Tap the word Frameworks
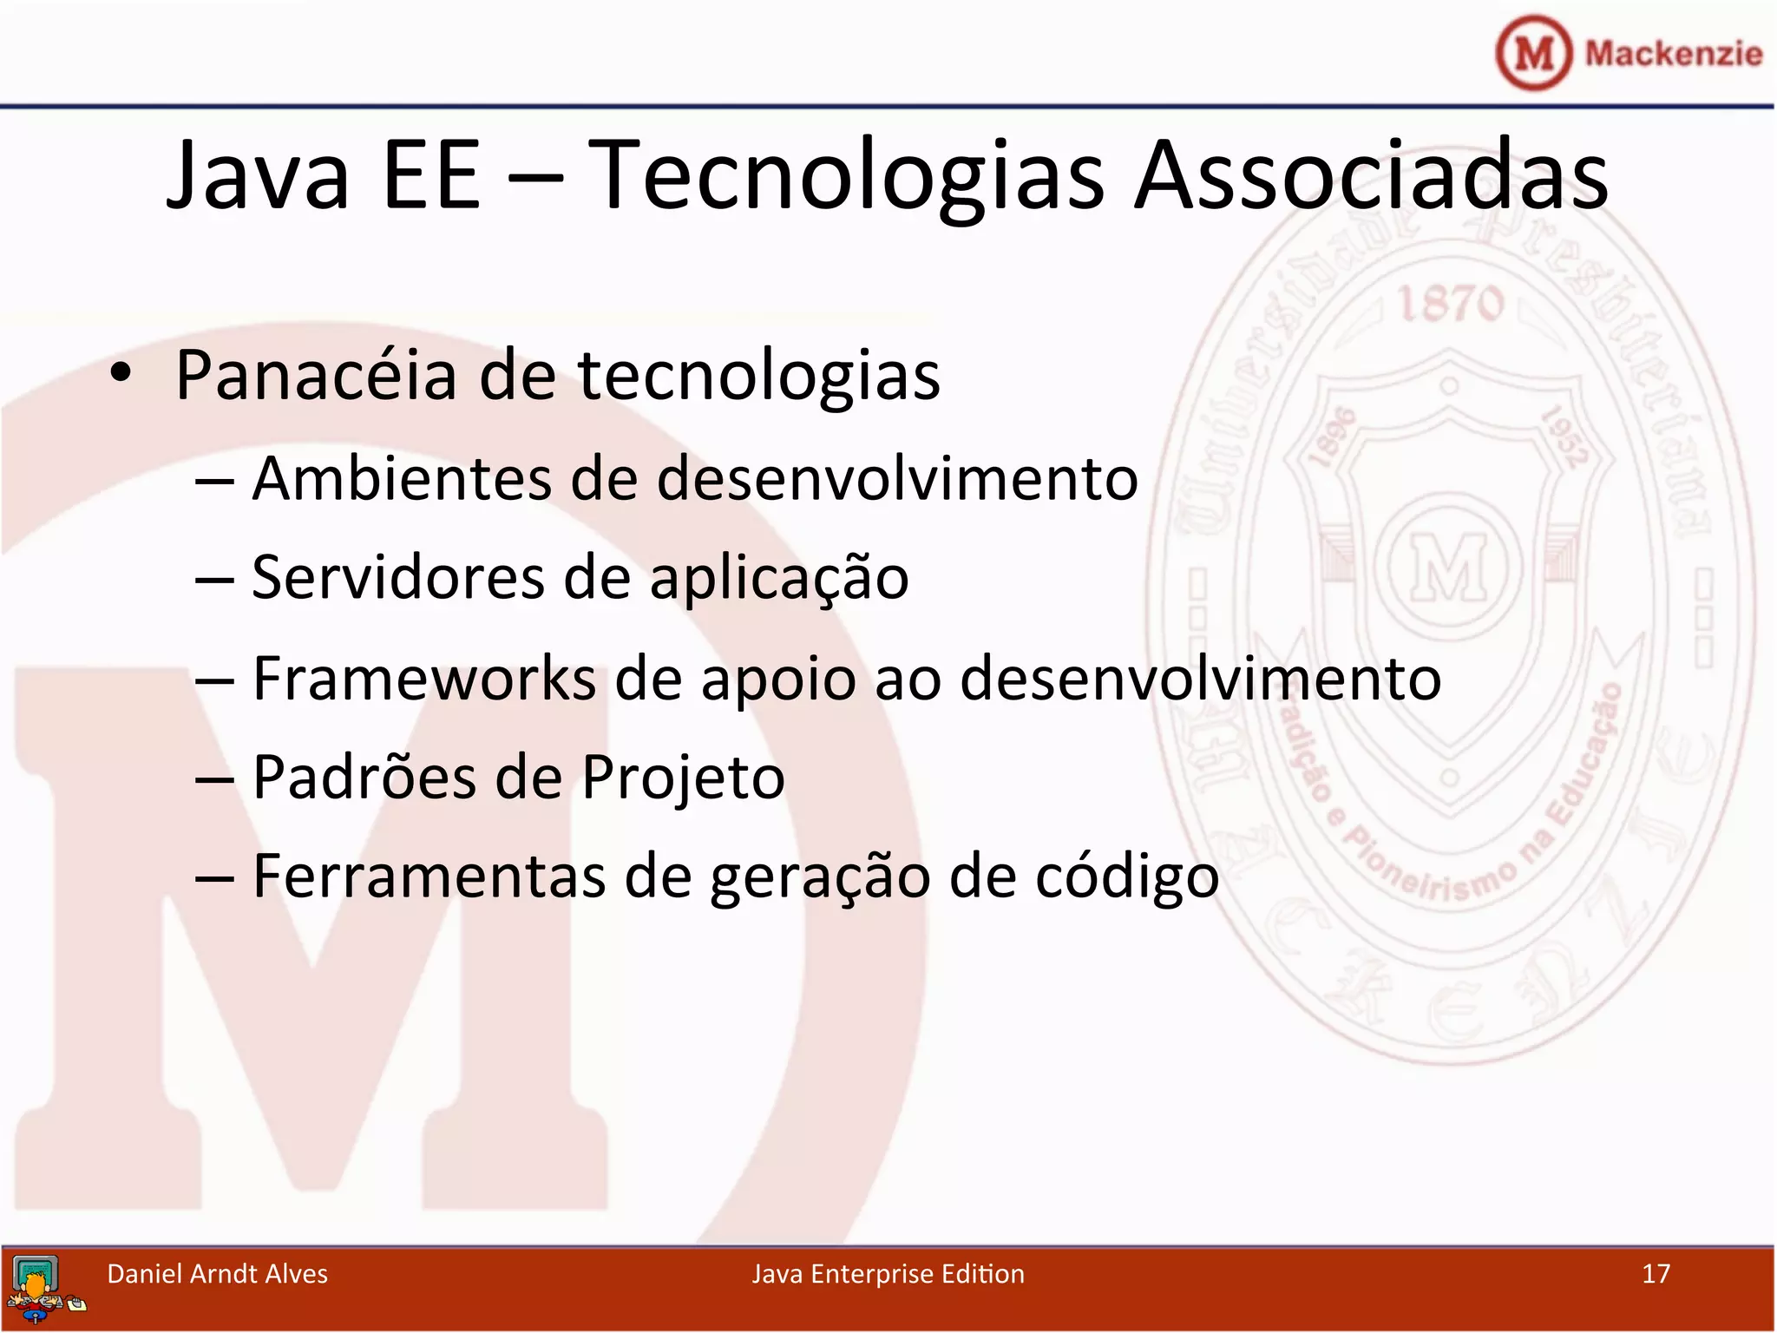point(424,679)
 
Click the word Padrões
point(364,777)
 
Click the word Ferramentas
point(429,877)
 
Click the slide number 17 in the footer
point(1656,1274)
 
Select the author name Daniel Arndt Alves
point(217,1274)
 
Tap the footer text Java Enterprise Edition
point(888,1274)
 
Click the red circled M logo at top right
point(1533,53)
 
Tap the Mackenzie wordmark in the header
point(1673,54)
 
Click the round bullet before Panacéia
point(121,374)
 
